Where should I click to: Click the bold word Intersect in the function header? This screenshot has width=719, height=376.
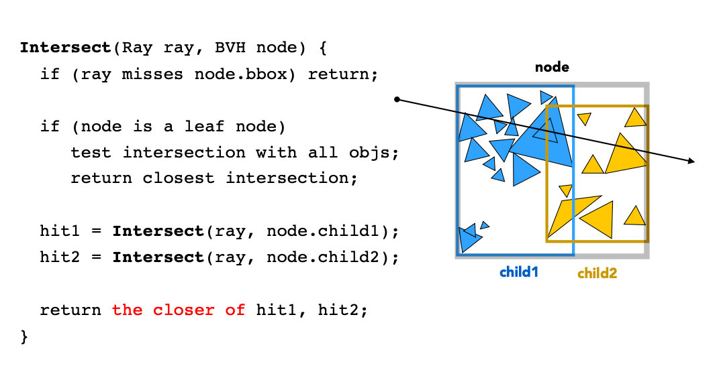[x=66, y=48]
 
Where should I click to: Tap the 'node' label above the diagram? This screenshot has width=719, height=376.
[x=552, y=67]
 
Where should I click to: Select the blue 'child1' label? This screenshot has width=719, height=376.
[x=519, y=272]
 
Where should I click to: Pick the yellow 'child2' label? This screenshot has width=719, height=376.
[x=597, y=273]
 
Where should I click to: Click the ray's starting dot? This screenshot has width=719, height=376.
[x=397, y=99]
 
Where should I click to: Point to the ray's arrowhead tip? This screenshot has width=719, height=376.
[x=695, y=162]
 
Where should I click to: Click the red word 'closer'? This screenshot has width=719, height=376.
[x=183, y=310]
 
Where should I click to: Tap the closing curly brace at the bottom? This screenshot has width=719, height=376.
[x=24, y=337]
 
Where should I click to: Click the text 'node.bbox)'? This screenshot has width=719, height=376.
[x=245, y=74]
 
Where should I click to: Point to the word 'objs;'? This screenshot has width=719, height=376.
[x=374, y=153]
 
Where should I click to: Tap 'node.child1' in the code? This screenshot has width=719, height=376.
[x=324, y=231]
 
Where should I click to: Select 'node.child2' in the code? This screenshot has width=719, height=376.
[x=324, y=257]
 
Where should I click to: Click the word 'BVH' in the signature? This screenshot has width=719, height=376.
[x=230, y=48]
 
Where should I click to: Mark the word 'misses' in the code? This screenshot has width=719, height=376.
[x=152, y=74]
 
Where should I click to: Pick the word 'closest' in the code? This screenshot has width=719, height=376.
[x=179, y=178]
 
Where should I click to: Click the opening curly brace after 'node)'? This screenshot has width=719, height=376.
[x=323, y=48]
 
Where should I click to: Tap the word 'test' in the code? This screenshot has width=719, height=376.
[x=91, y=153]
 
